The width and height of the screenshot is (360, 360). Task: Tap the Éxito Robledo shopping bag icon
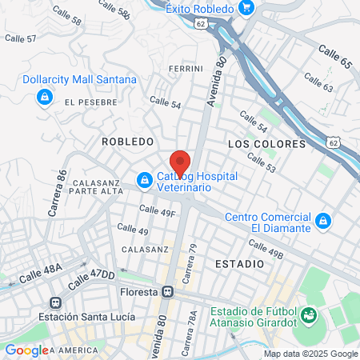[246, 9]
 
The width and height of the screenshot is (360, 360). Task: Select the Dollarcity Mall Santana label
[90, 80]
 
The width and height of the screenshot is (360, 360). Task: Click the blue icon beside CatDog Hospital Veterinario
[144, 181]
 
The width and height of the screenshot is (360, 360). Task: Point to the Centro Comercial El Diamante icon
[322, 220]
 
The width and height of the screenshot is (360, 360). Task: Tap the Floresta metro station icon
[169, 291]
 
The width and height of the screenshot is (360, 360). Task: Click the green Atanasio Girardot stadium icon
[303, 316]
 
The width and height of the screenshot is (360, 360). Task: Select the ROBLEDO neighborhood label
[127, 141]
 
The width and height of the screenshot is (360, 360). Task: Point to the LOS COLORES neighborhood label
[266, 144]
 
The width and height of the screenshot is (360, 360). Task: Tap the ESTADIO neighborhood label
[239, 263]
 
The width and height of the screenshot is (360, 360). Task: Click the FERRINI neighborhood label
[186, 70]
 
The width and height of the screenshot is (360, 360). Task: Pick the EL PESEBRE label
[91, 102]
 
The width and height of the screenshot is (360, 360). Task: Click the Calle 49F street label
[157, 211]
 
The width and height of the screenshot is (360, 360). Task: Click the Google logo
[26, 350]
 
